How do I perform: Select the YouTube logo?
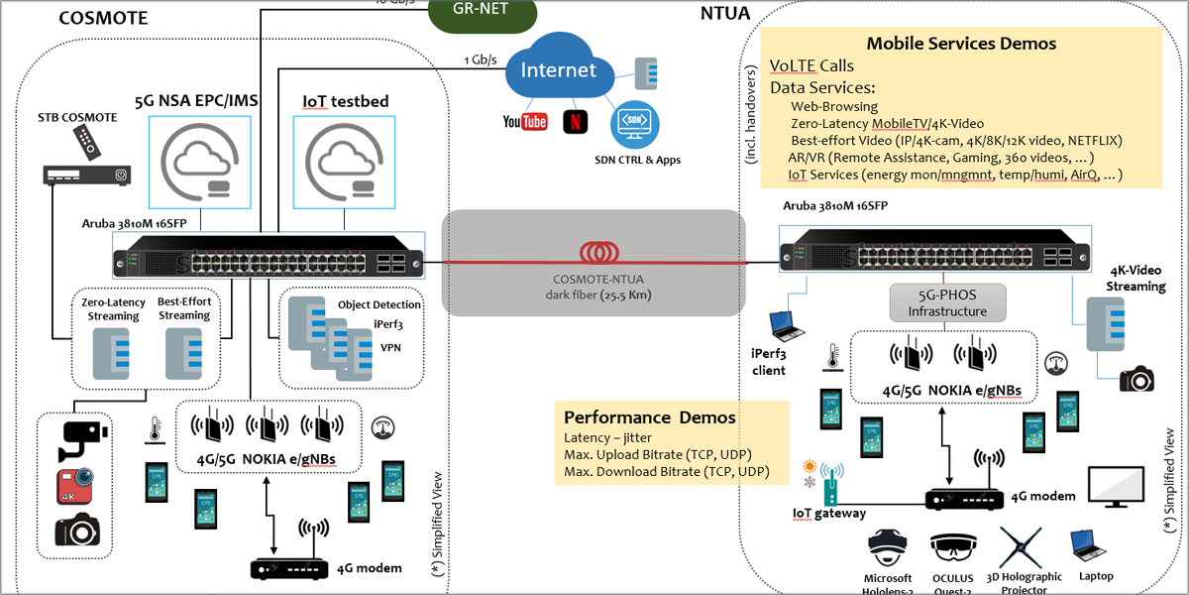pyautogui.click(x=525, y=122)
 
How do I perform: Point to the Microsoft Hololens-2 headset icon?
pyautogui.click(x=889, y=546)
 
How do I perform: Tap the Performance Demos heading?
pyautogui.click(x=650, y=417)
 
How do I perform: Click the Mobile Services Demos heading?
pyautogui.click(x=961, y=44)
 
